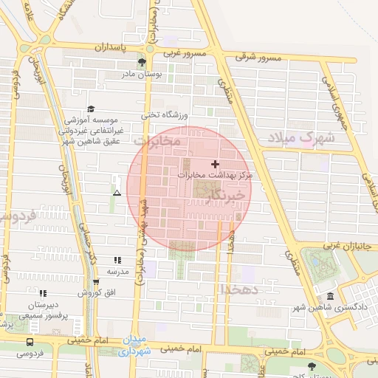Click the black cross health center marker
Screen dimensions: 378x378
[x=215, y=163]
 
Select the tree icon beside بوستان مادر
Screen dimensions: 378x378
[x=152, y=63]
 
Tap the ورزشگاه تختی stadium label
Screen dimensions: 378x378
[x=167, y=115]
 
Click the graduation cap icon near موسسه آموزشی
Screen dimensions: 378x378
[x=91, y=109]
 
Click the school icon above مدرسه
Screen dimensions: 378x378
[x=117, y=261]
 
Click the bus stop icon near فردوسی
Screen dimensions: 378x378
[x=30, y=342]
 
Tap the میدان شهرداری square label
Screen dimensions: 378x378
[x=135, y=346]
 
